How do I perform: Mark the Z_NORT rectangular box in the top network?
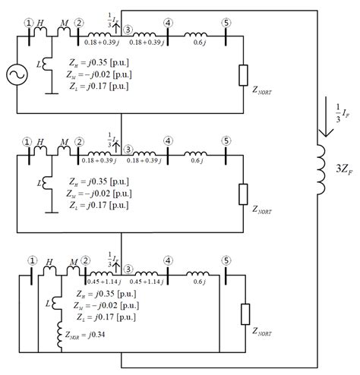point(242,75)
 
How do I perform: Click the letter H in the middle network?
point(41,141)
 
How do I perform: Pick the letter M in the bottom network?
point(73,262)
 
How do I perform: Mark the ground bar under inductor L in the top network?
point(48,93)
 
